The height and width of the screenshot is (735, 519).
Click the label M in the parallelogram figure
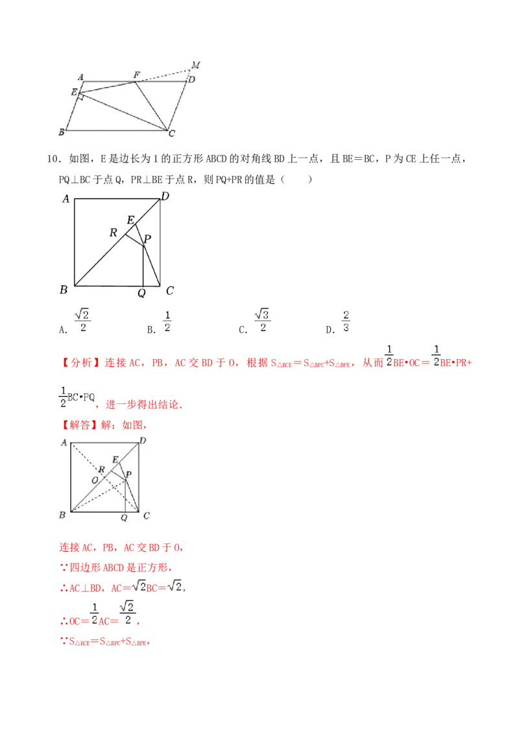coord(195,64)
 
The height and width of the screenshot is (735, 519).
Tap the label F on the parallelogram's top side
coord(136,75)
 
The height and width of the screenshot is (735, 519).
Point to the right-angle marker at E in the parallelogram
coord(80,97)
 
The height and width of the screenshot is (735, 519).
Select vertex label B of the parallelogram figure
coord(61,132)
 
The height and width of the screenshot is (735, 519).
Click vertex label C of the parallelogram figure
coord(172,134)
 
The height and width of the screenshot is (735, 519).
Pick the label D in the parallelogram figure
coord(191,80)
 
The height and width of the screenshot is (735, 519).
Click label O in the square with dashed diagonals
coord(95,479)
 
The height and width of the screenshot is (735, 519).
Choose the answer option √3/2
coord(263,321)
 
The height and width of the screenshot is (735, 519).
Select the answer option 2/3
coord(346,321)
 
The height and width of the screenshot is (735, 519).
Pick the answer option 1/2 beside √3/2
coord(167,321)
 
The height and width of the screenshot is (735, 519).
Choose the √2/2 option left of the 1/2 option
coord(82,321)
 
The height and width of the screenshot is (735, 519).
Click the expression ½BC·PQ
coord(77,397)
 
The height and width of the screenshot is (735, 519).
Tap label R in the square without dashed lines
coord(114,232)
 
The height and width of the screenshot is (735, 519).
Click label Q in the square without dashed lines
coord(141,293)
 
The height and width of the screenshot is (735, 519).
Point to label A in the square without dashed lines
coord(66,199)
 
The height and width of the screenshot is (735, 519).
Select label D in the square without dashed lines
coord(165,196)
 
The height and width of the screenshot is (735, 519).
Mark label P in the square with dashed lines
coord(129,475)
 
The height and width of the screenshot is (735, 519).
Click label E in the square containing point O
coord(115,459)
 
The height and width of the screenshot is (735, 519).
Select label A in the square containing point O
coord(64,443)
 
